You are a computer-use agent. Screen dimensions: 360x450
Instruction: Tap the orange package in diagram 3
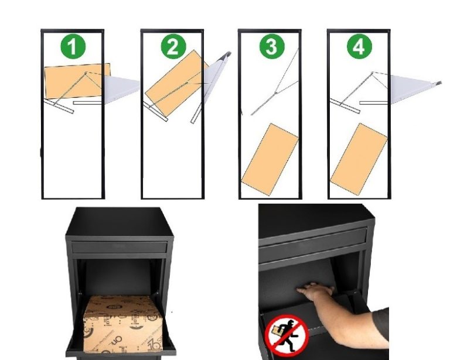[x=270, y=159]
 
